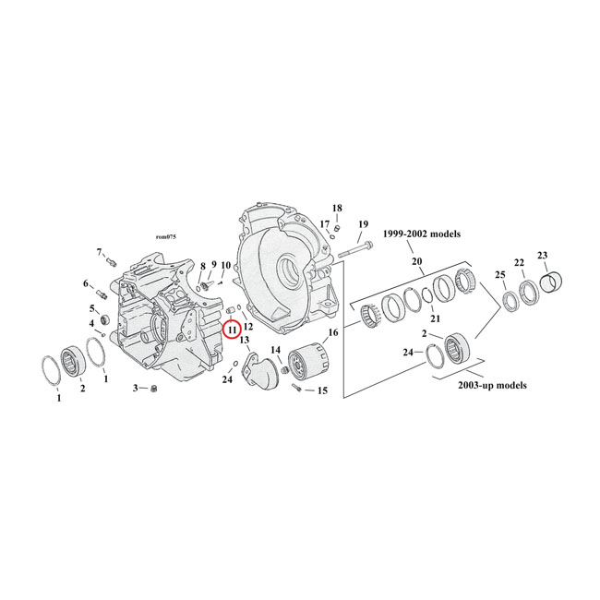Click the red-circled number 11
tap(231, 329)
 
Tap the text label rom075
tap(167, 237)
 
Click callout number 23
tap(542, 256)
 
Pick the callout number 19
tap(363, 224)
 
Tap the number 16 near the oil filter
tap(332, 332)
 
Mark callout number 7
tap(100, 252)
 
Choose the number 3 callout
tap(135, 388)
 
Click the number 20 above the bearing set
tap(416, 262)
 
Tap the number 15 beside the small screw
tap(322, 391)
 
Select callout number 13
tap(245, 341)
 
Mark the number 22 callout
tap(519, 262)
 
